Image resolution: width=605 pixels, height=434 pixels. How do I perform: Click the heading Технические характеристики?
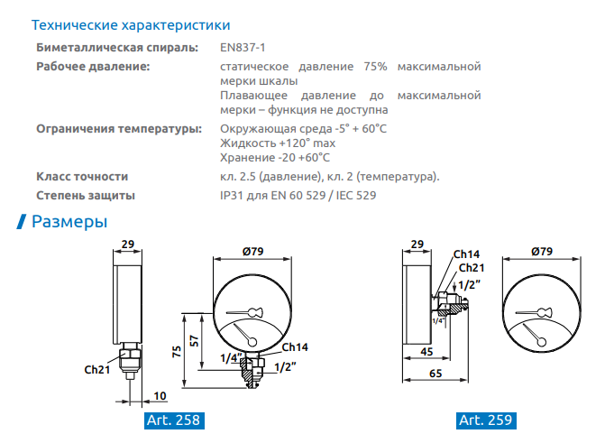click(131, 25)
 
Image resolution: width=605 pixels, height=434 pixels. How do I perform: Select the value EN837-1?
click(243, 48)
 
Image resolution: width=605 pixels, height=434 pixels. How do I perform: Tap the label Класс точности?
click(82, 177)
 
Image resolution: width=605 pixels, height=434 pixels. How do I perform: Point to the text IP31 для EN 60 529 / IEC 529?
click(298, 196)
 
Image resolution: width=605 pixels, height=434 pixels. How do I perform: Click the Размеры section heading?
click(69, 222)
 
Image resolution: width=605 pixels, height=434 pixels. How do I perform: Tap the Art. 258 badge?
click(174, 420)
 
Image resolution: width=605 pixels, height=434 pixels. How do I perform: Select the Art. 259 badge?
click(486, 420)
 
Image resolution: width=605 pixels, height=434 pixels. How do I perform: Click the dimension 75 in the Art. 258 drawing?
click(177, 352)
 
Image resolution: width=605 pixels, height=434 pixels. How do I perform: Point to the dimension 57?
click(194, 341)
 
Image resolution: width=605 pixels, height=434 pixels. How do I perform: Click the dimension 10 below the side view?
click(160, 396)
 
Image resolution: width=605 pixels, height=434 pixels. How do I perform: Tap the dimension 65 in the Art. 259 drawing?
click(435, 374)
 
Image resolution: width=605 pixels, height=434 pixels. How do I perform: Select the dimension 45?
click(426, 352)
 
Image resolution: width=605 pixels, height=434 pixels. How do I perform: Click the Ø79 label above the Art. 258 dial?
click(252, 252)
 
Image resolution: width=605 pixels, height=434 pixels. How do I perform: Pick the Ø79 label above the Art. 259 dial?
click(542, 252)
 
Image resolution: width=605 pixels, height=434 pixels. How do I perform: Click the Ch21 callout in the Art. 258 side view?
click(97, 370)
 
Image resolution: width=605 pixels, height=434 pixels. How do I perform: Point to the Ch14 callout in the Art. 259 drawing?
click(466, 254)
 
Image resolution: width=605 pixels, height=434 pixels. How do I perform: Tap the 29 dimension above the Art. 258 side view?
click(128, 245)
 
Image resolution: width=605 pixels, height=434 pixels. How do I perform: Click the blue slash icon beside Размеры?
click(22, 222)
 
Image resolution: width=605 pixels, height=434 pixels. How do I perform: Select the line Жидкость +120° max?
click(278, 143)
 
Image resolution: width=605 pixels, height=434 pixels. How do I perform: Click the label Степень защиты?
click(86, 196)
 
